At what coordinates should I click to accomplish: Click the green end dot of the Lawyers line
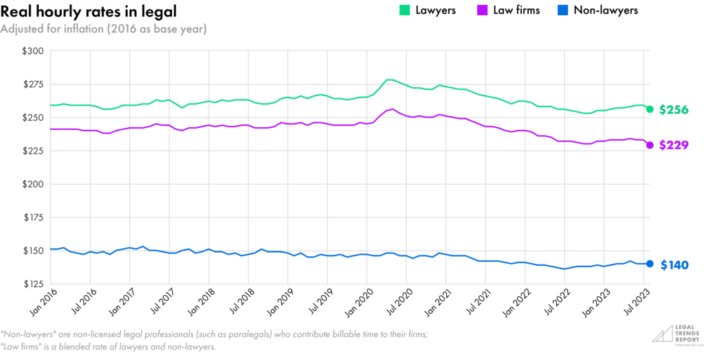pos(650,109)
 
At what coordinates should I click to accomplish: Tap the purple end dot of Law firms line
pos(650,145)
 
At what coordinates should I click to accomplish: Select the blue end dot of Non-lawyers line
pos(650,264)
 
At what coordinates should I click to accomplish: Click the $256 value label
pos(674,110)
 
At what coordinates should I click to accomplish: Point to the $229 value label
pos(674,146)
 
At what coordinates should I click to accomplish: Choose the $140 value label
pos(674,265)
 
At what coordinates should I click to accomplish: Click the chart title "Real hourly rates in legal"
pos(89,12)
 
